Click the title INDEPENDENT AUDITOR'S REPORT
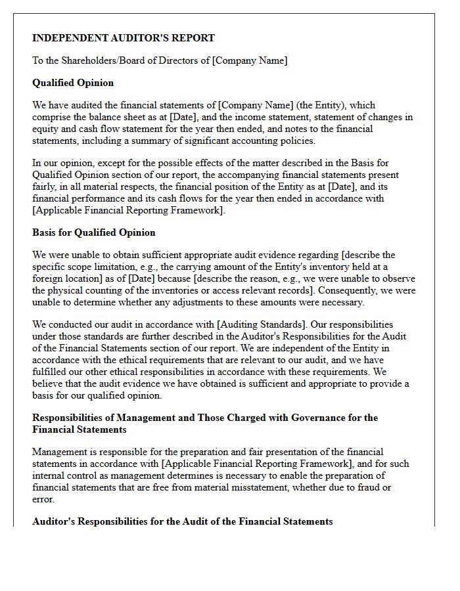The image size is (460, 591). point(124,38)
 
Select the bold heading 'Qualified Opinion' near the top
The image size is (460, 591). point(73,83)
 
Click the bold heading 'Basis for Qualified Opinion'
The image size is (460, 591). point(94,232)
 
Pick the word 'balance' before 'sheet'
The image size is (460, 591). point(107,117)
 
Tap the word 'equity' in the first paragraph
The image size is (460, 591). point(46,129)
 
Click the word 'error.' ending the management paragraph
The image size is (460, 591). point(44,499)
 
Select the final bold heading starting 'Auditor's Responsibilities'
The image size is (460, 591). point(183,521)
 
